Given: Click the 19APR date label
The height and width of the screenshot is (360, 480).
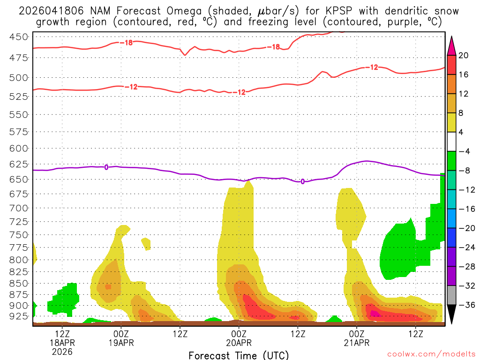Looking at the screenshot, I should (121, 343).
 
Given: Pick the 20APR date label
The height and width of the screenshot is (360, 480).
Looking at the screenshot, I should (239, 343).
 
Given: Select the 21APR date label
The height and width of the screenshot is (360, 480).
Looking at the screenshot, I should (357, 343).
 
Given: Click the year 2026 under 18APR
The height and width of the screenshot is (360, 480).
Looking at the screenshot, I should (62, 351).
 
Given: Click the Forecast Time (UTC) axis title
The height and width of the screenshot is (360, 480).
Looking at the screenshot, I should (239, 355).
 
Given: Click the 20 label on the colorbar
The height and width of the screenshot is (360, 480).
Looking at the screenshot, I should (464, 55).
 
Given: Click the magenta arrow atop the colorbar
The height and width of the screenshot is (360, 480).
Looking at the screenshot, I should (452, 45).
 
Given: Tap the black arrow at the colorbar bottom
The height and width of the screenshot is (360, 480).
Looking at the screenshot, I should (452, 314).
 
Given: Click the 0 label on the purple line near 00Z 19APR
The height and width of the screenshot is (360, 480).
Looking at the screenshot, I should (106, 167).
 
